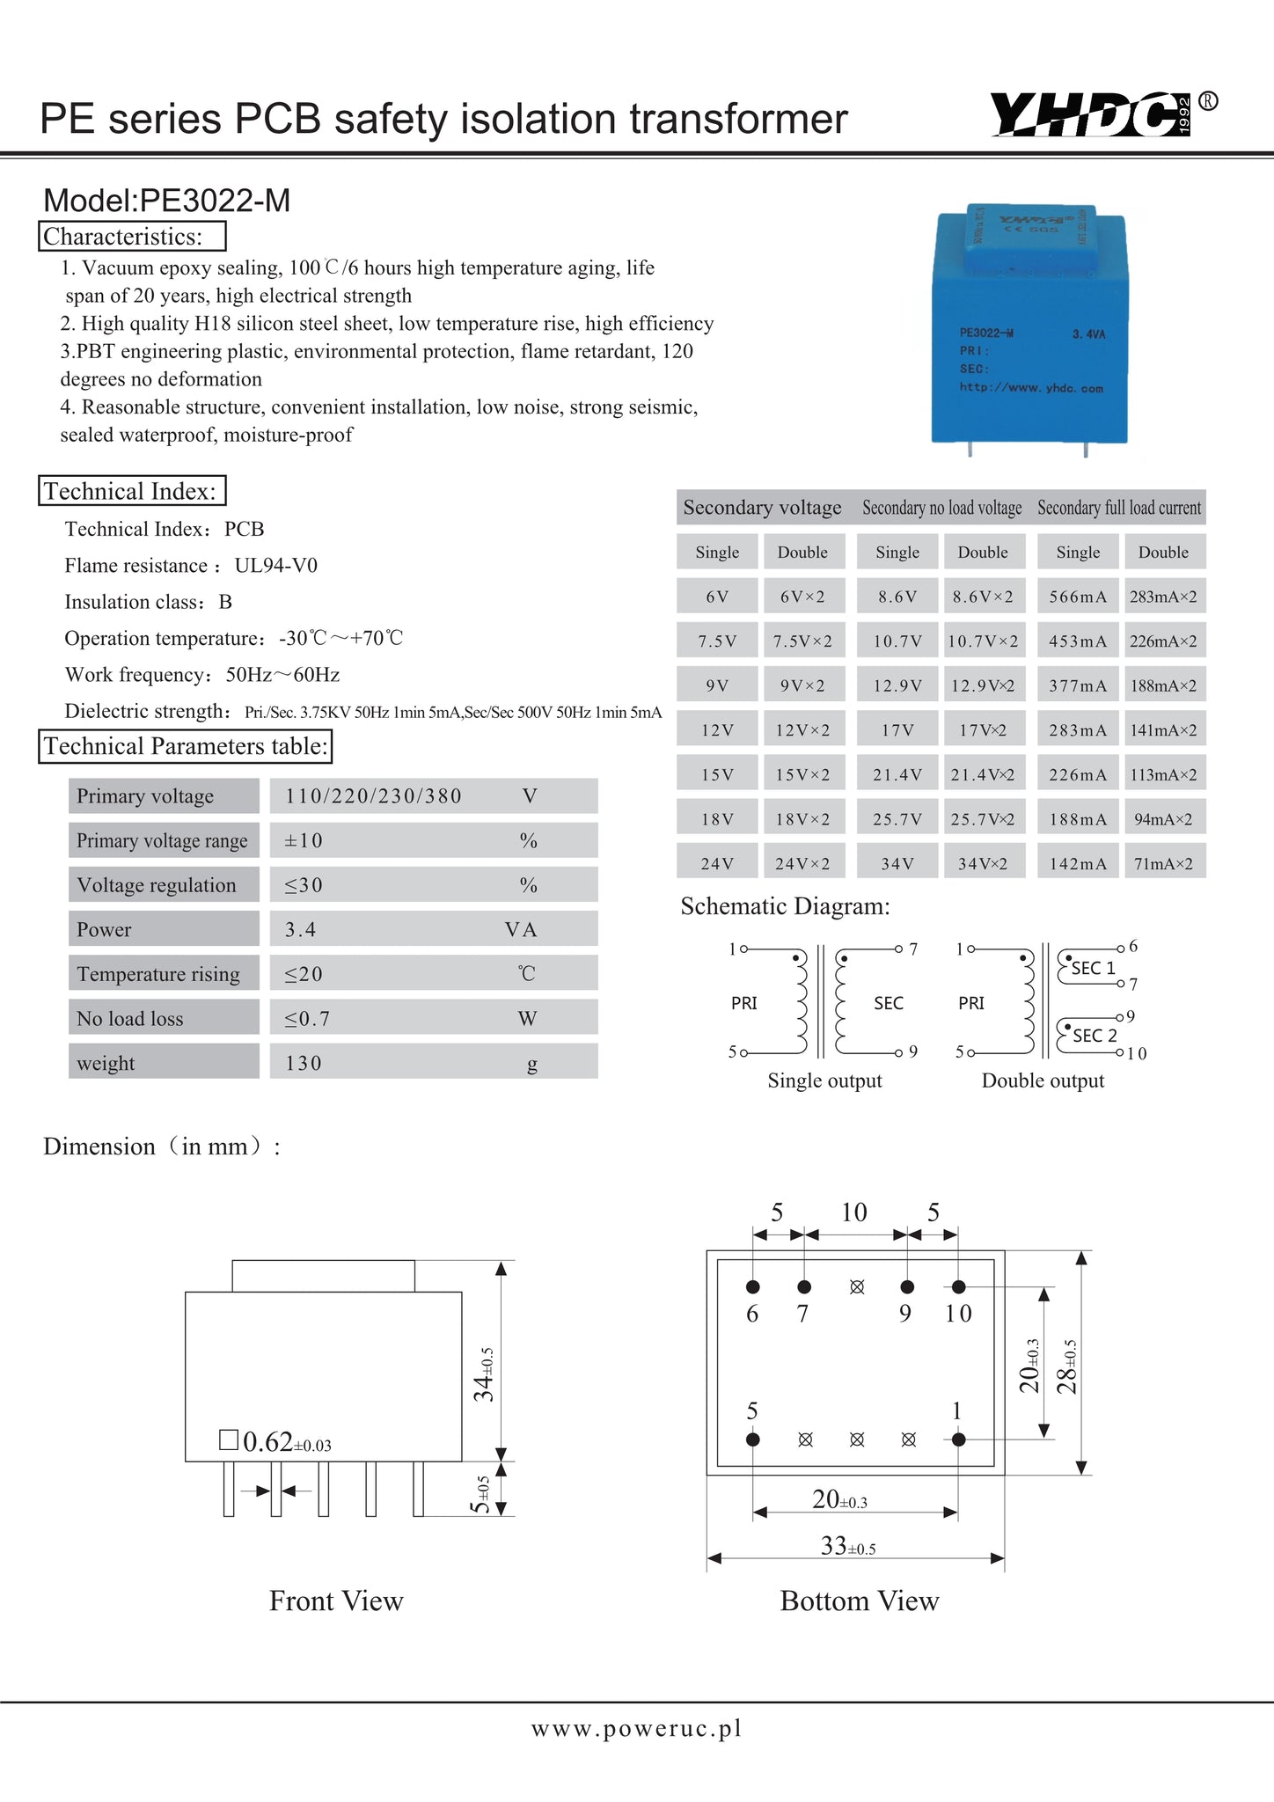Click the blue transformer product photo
(x=1029, y=326)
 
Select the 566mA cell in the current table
(x=1078, y=597)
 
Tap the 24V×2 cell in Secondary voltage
(x=802, y=863)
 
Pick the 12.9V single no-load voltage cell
(x=897, y=685)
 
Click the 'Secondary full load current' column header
(x=1118, y=508)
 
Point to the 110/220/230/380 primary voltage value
(x=373, y=796)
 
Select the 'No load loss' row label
(x=130, y=1018)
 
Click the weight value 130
(x=304, y=1063)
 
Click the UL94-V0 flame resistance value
(x=276, y=565)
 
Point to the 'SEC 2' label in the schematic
(x=1095, y=1036)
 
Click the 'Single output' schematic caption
(x=824, y=1080)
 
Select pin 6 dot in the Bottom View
(x=753, y=1286)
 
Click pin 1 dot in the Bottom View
(x=959, y=1439)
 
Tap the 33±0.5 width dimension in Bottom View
(x=847, y=1546)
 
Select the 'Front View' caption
(x=336, y=1601)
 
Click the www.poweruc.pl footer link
(x=636, y=1729)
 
